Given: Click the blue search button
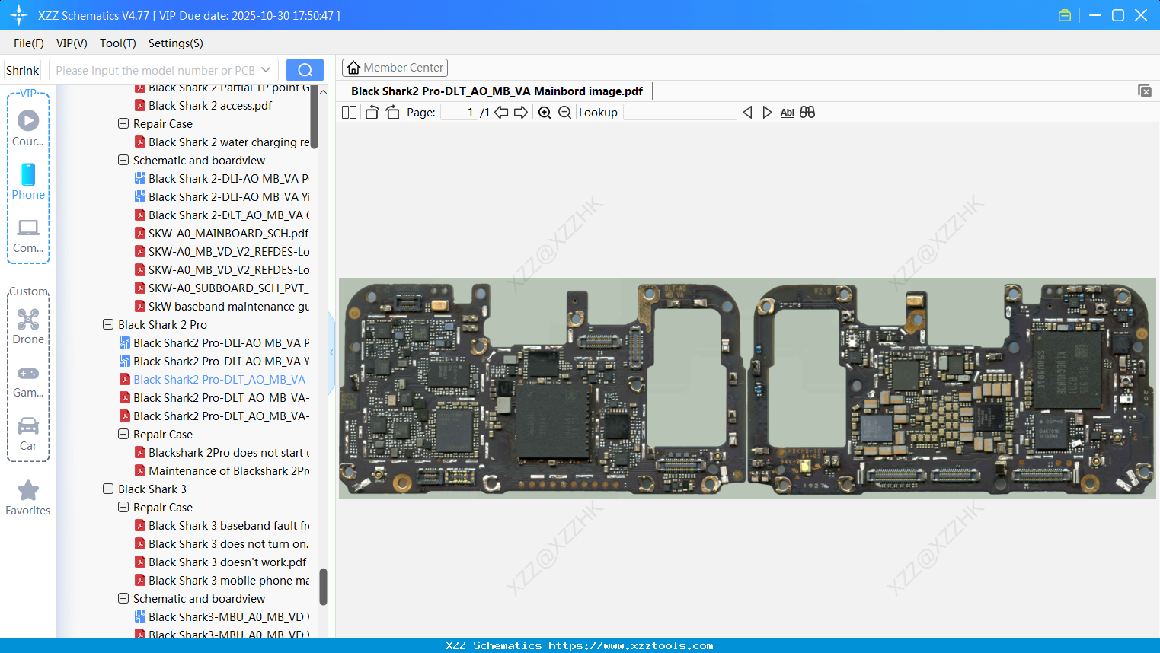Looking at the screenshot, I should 305,70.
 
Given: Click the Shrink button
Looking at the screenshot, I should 23,70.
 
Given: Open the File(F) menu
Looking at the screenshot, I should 29,43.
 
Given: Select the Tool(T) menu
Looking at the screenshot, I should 117,43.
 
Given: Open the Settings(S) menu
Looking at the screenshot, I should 175,43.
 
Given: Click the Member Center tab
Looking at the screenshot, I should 395,68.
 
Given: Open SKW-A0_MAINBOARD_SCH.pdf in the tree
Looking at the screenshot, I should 228,234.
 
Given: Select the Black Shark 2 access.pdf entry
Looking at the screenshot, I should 210,106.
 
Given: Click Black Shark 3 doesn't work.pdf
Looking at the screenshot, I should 227,562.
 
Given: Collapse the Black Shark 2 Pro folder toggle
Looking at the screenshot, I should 108,324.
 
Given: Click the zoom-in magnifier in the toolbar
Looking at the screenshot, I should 545,113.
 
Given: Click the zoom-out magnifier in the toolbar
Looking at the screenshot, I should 564,113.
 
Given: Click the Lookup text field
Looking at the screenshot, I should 679,113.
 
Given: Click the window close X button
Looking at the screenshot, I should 1141,15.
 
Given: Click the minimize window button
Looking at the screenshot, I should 1095,15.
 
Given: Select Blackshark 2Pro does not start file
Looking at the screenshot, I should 228,453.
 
